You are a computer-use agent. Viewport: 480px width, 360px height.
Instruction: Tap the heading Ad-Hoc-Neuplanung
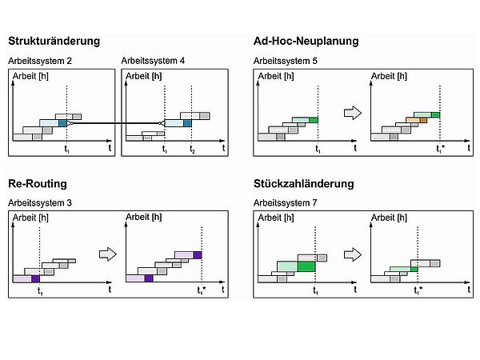click(306, 41)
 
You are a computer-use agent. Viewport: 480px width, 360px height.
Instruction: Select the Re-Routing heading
click(38, 183)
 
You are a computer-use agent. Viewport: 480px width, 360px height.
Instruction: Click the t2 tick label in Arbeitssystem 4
click(192, 150)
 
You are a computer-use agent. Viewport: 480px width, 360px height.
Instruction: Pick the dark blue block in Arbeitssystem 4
click(188, 122)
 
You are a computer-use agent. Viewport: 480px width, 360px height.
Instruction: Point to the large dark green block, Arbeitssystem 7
click(306, 265)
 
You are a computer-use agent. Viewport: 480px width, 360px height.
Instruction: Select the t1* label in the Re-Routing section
click(202, 291)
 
